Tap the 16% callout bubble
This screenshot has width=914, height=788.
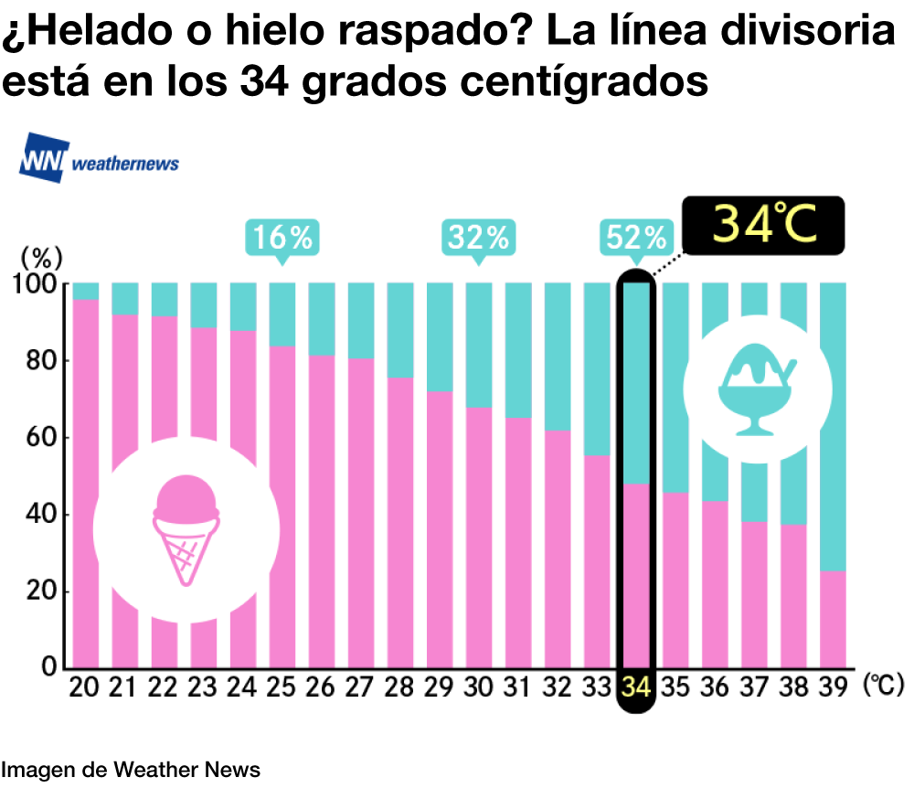[x=282, y=238]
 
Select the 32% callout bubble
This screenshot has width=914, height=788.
[x=478, y=238]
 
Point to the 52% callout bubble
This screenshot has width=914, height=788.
[x=634, y=238]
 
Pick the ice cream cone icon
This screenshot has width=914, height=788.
[x=186, y=530]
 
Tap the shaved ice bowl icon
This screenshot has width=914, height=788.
[x=758, y=389]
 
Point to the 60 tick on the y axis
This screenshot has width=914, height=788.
[x=42, y=438]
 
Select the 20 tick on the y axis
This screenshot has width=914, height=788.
[x=42, y=591]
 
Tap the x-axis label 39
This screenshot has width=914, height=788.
[x=833, y=687]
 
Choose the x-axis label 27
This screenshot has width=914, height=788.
[x=360, y=687]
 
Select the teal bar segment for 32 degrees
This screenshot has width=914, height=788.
[x=558, y=357]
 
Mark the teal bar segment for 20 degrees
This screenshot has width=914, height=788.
[x=86, y=291]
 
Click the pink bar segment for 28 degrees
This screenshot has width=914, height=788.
[x=399, y=521]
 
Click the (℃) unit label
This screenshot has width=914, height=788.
[x=882, y=685]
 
